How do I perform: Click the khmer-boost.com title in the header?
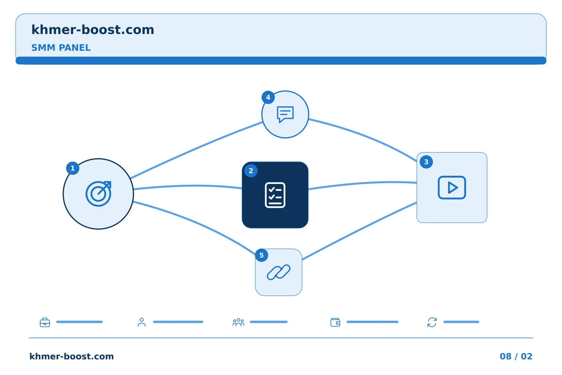click(92, 30)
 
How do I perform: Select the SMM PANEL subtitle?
click(61, 48)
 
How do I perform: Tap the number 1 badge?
click(73, 168)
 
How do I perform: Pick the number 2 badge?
click(251, 171)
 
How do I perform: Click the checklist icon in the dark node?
click(275, 195)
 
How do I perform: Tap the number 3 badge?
click(426, 162)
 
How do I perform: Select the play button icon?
click(452, 187)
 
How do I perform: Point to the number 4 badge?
click(268, 97)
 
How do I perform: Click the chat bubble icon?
click(285, 114)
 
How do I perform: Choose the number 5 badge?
click(261, 255)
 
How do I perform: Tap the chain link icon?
click(279, 272)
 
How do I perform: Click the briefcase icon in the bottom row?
click(45, 322)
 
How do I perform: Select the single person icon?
click(142, 322)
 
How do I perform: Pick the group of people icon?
click(238, 322)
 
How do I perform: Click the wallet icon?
click(335, 322)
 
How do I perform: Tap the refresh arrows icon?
click(432, 322)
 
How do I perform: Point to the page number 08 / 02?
click(516, 356)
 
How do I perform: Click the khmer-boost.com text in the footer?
click(71, 356)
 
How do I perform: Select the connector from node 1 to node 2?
click(188, 186)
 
